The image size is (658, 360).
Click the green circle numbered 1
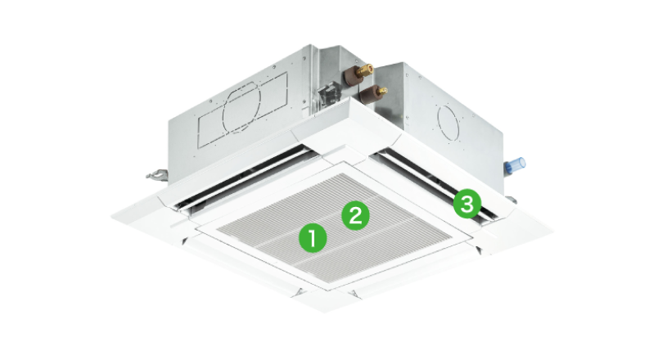tap(313, 238)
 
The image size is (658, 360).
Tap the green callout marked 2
tap(355, 216)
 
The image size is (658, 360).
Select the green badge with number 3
tap(467, 204)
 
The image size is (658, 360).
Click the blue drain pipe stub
tap(515, 165)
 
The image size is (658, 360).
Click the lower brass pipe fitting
tap(381, 90)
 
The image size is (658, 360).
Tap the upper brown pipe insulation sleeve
tap(352, 75)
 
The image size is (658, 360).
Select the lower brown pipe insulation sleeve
tap(367, 94)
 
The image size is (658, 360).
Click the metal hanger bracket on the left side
tap(156, 173)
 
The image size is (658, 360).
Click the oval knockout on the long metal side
tap(241, 107)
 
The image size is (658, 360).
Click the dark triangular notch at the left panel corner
tap(183, 241)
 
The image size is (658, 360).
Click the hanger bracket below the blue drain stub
tap(511, 200)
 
